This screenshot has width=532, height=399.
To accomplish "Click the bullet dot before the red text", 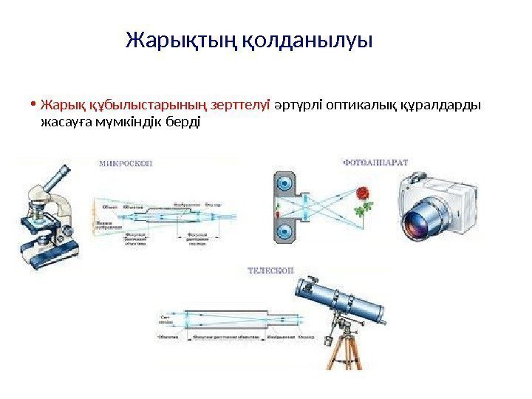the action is click(x=34, y=103).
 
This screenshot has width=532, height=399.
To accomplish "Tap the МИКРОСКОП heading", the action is click(x=126, y=164).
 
